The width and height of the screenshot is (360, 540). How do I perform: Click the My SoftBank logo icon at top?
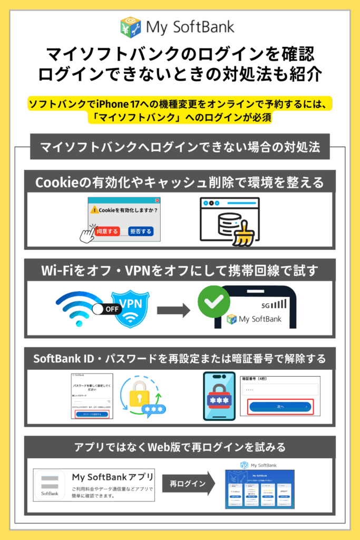(130, 27)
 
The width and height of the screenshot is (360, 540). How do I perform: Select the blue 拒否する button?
(141, 231)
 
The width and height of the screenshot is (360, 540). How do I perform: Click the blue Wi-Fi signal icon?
(77, 307)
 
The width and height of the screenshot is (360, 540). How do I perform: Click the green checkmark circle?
(213, 302)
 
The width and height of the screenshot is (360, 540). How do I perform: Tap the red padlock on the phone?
(219, 397)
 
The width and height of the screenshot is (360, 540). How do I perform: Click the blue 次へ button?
(280, 407)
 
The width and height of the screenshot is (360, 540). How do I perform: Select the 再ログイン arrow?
(188, 483)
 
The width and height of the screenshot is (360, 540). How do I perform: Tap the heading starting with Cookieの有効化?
(179, 182)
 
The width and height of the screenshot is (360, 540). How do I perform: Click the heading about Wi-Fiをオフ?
(179, 271)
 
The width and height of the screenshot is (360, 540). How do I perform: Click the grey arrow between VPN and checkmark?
(173, 310)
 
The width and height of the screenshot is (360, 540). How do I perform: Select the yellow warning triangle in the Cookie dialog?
(94, 210)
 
